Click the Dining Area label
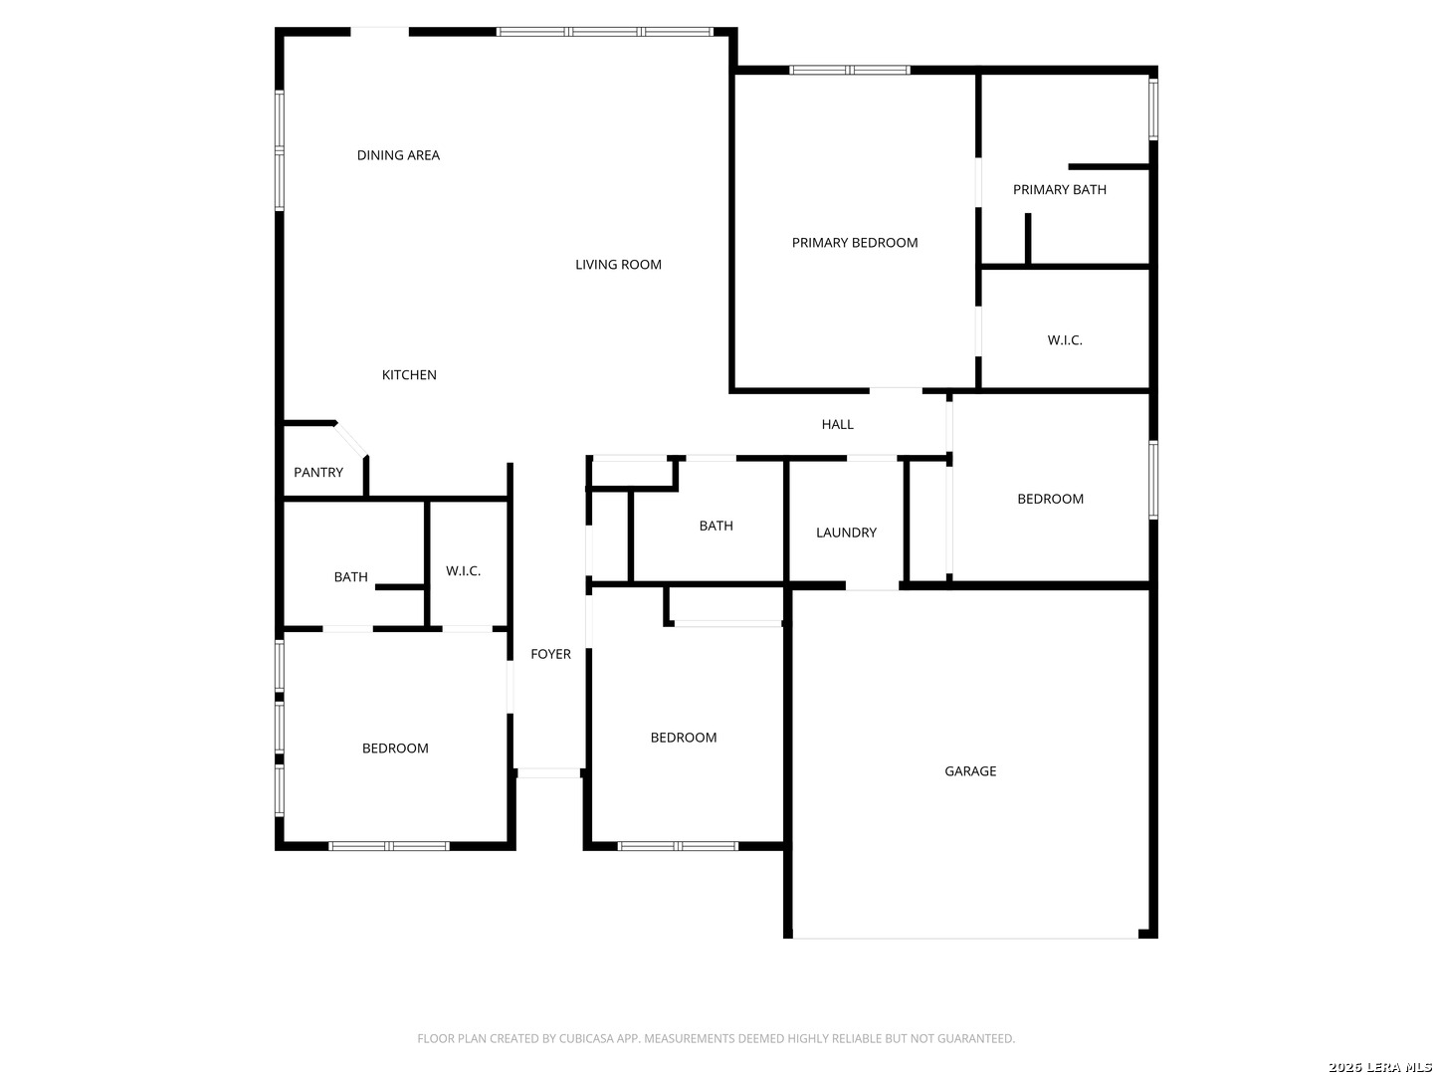point(398,155)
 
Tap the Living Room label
point(618,265)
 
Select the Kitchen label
point(409,374)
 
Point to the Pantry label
point(317,472)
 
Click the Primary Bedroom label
point(854,243)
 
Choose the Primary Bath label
point(1059,190)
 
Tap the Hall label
point(837,424)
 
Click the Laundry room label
point(846,533)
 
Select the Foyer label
point(550,654)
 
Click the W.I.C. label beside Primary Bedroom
point(1064,340)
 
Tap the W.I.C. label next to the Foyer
point(463,571)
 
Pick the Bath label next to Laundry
point(716,526)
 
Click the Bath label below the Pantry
point(350,577)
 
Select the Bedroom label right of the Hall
point(1050,499)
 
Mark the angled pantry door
point(351,439)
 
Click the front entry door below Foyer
point(548,773)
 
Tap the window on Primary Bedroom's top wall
point(849,70)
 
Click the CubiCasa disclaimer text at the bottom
point(716,1038)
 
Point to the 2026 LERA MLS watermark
point(1379,1066)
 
